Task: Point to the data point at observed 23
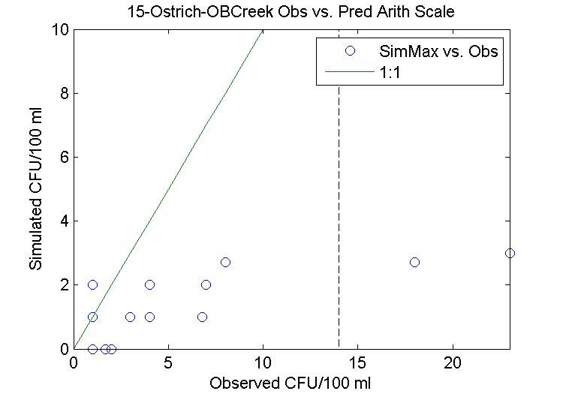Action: point(510,253)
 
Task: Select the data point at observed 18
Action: point(414,262)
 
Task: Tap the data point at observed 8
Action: point(225,262)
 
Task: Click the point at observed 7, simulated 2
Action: point(206,284)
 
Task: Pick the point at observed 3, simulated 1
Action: point(130,317)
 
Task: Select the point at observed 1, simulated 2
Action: point(92,284)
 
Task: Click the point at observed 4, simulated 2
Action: point(149,284)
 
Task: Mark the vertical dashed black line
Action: point(339,188)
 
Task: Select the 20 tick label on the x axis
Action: point(453,362)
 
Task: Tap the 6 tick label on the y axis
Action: point(65,158)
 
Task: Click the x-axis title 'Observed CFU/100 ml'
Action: point(291,382)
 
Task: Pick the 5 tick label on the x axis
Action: point(168,362)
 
